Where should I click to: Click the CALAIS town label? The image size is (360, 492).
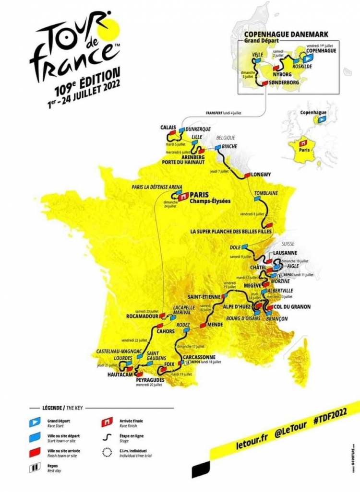169,128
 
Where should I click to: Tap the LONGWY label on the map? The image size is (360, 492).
263,175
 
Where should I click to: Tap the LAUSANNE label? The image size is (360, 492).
285,253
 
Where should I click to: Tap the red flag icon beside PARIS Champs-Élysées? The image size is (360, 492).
183,197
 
